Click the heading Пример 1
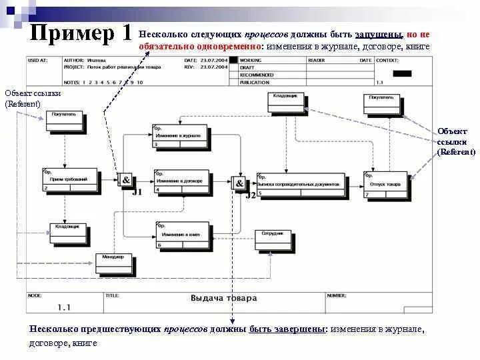coord(80,33)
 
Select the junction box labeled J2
coord(238,184)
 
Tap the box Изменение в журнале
coord(179,136)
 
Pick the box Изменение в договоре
coord(181,181)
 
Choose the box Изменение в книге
coord(181,237)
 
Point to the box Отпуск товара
coord(385,185)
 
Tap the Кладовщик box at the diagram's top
coord(287,101)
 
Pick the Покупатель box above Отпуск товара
coord(383,103)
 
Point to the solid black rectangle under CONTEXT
coord(401,73)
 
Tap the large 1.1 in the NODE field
coord(64,307)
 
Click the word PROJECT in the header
coord(73,66)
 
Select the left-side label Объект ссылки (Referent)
coord(23,98)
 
